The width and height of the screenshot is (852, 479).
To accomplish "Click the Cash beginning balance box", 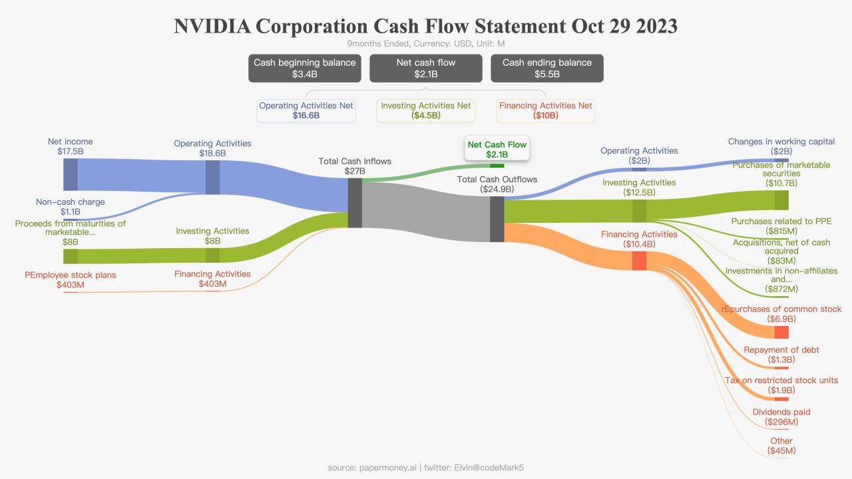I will tap(304, 68).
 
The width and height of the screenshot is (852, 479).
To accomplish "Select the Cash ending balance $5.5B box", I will tap(546, 68).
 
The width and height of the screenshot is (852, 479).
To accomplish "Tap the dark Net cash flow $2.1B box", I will tap(425, 68).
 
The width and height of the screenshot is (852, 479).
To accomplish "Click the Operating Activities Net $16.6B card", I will tap(306, 110).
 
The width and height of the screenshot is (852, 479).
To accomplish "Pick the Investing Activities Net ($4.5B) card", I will tap(426, 110).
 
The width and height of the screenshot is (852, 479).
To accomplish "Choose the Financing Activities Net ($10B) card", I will tap(546, 110).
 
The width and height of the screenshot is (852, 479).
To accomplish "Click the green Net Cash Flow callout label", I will tap(497, 150).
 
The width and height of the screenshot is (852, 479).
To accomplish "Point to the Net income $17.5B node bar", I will tap(71, 174).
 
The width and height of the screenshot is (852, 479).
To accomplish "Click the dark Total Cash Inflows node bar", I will tap(355, 203).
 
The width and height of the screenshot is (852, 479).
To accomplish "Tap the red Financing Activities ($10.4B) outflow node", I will tap(639, 261).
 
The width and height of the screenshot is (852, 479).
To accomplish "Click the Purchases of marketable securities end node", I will tap(781, 200).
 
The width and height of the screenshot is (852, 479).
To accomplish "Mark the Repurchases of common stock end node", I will tap(781, 333).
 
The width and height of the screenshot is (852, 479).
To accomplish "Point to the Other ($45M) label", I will tap(781, 446).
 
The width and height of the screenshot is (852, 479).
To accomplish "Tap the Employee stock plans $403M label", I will tap(70, 279).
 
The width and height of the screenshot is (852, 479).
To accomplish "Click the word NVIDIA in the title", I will tap(211, 27).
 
